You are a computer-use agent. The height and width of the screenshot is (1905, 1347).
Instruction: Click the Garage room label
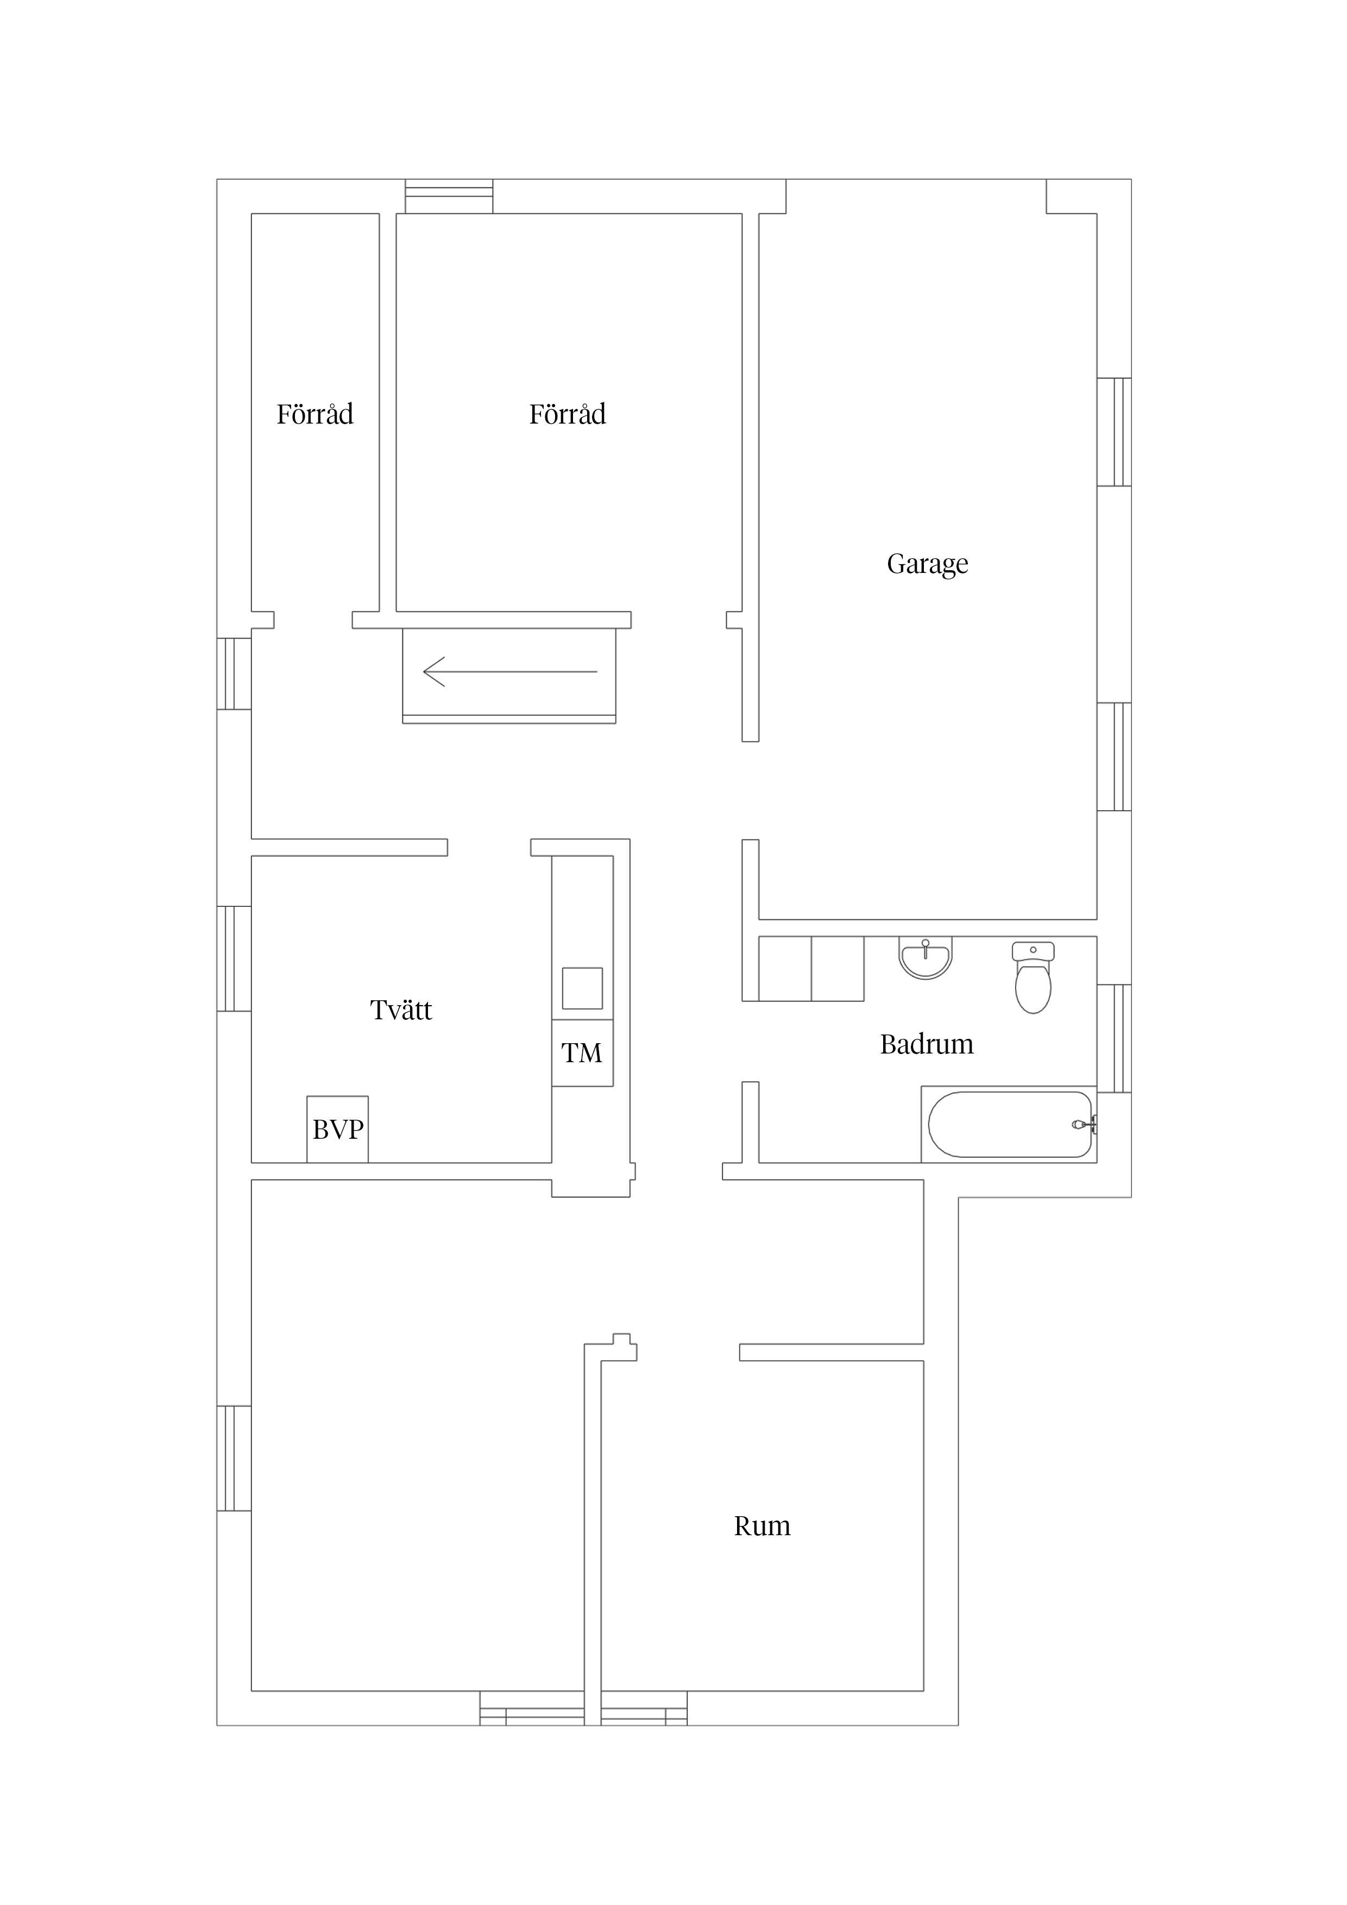[x=927, y=565]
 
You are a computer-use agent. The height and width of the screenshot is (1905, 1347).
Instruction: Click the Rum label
[x=762, y=1526]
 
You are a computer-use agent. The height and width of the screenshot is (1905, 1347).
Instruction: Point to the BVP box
[x=338, y=1129]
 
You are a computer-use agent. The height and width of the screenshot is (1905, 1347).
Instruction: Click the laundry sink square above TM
[x=583, y=988]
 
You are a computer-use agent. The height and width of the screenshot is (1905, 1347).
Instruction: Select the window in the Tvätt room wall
[x=234, y=958]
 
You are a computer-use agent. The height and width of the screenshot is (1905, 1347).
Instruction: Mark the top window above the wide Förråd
[x=449, y=197]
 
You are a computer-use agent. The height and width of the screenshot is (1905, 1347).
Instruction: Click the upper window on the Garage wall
[x=1114, y=432]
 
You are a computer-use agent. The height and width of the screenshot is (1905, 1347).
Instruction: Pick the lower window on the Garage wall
[x=1114, y=756]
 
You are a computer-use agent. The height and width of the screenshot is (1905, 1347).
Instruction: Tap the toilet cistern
[x=1033, y=951]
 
